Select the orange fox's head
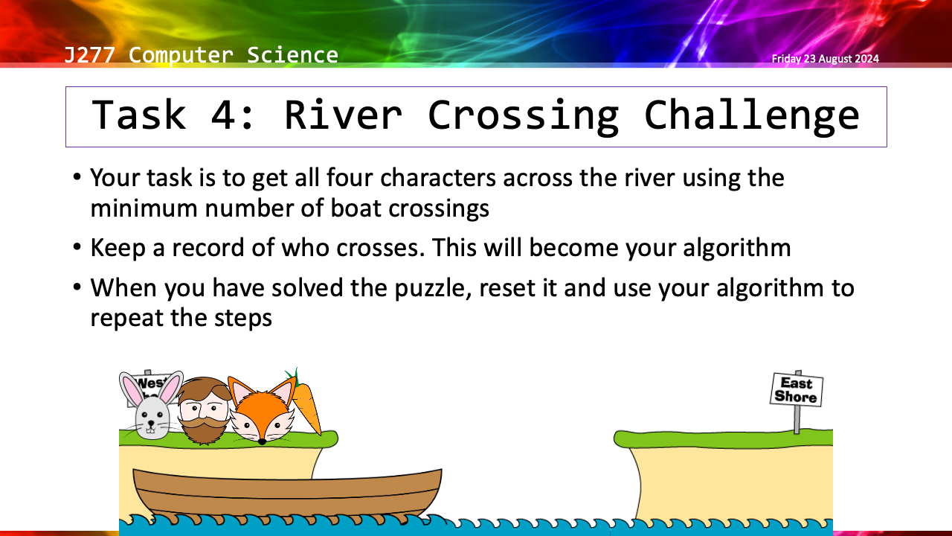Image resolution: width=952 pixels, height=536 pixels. (262, 409)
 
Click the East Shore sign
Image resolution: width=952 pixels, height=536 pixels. (797, 389)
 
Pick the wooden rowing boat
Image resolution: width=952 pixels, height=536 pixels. (287, 494)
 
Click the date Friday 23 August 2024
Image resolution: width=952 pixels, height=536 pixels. (826, 59)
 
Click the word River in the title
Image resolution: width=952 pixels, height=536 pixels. (343, 115)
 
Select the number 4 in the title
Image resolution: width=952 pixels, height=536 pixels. (222, 115)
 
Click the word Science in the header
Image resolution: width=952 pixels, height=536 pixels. (292, 55)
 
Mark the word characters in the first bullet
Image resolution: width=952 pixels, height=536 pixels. (438, 178)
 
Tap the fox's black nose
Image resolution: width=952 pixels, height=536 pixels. (263, 442)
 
